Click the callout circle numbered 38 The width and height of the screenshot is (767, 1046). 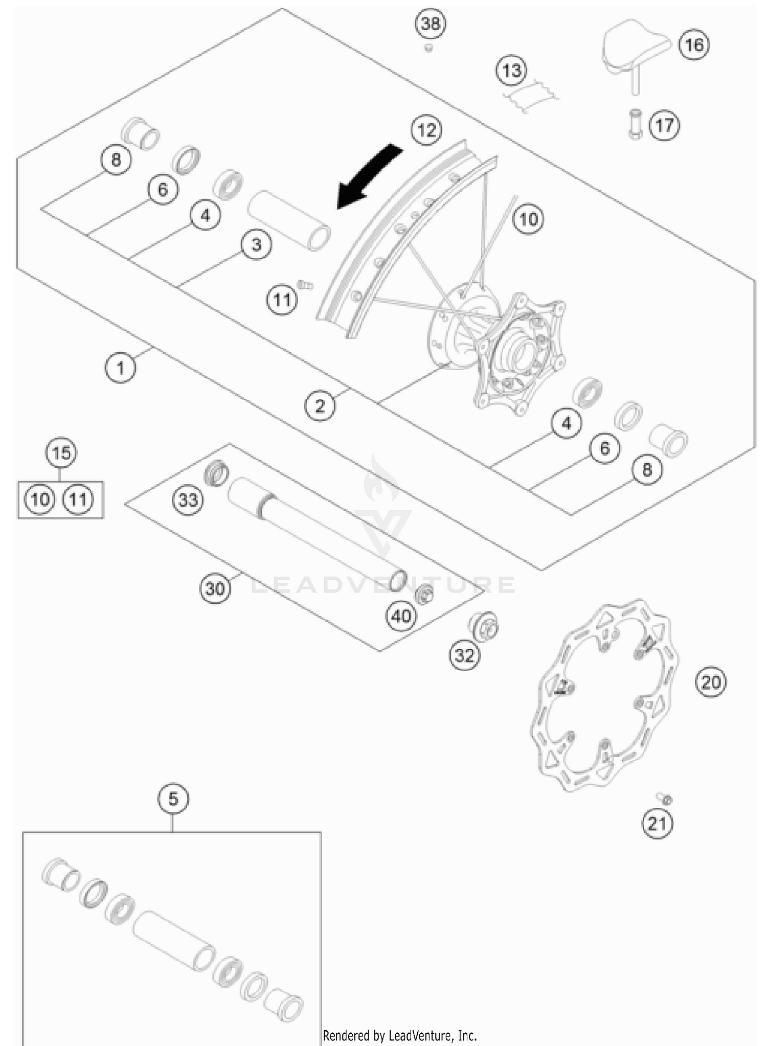[430, 24]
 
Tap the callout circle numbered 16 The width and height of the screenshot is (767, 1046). [694, 45]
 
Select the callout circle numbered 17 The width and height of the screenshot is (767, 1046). [664, 125]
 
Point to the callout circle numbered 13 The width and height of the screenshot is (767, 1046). [511, 71]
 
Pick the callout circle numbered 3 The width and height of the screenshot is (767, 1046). [256, 244]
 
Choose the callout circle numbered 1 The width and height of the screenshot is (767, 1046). [121, 368]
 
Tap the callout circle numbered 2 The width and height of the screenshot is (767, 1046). [320, 406]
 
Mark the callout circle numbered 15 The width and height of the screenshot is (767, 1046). [61, 453]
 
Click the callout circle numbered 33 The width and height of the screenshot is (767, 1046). [188, 499]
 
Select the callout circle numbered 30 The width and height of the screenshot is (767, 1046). [215, 588]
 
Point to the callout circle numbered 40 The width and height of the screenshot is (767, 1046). [401, 616]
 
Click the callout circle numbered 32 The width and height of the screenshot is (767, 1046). [464, 655]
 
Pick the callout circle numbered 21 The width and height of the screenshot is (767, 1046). [658, 823]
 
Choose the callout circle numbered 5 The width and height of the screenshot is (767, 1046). [173, 798]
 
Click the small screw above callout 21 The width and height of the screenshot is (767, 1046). [664, 798]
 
